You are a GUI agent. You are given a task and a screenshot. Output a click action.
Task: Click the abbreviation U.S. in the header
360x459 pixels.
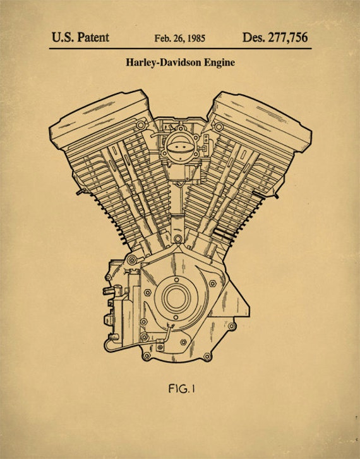pyautogui.click(x=63, y=37)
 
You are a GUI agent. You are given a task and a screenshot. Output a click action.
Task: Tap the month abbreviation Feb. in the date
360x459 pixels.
pyautogui.click(x=164, y=38)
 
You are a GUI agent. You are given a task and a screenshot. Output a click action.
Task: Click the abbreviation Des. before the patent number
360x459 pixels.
pyautogui.click(x=253, y=37)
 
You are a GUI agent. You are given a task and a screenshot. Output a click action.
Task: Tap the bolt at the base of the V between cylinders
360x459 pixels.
pyautogui.click(x=177, y=240)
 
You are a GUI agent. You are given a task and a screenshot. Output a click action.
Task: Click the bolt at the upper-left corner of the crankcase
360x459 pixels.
pyautogui.click(x=131, y=260)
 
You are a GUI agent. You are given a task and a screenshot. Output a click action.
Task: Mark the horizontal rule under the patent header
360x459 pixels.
pyautogui.click(x=179, y=48)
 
